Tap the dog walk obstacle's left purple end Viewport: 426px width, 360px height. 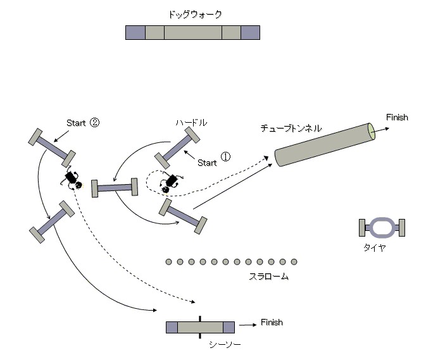135,33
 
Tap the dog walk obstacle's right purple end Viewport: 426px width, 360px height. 250,33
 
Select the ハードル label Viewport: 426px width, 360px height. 191,121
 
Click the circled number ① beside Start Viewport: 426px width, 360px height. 225,157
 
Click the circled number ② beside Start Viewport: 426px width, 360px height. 94,123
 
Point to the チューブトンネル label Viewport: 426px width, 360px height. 291,128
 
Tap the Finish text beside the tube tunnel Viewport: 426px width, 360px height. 397,117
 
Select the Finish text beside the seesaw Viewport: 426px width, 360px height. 272,322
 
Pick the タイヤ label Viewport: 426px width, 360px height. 374,248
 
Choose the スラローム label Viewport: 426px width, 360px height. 268,276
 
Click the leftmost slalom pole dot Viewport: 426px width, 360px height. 168,261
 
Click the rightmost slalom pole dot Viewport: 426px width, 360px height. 294,261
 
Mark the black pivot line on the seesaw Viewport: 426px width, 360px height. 200,326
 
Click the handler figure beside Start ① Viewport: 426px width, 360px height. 169,182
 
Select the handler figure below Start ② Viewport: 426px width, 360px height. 72,180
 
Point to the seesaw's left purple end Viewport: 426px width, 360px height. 172,327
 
